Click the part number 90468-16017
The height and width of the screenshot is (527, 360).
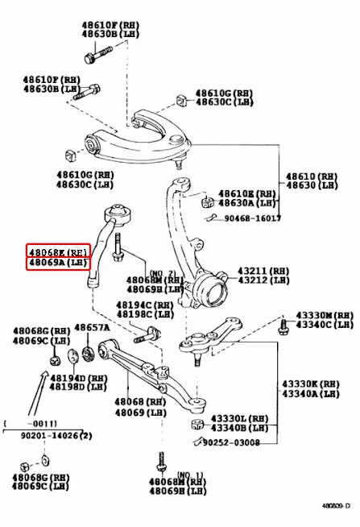coord(252,218)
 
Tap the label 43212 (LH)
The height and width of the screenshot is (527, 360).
coord(261,280)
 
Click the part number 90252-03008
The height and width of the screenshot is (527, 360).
coord(231,442)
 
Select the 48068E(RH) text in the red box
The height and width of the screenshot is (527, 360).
coord(58,251)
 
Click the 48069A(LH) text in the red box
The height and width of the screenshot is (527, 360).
coord(58,263)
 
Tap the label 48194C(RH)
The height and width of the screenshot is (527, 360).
coord(145,305)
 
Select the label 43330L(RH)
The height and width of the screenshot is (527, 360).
coord(239,418)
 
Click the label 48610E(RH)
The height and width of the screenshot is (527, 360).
coord(247,194)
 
